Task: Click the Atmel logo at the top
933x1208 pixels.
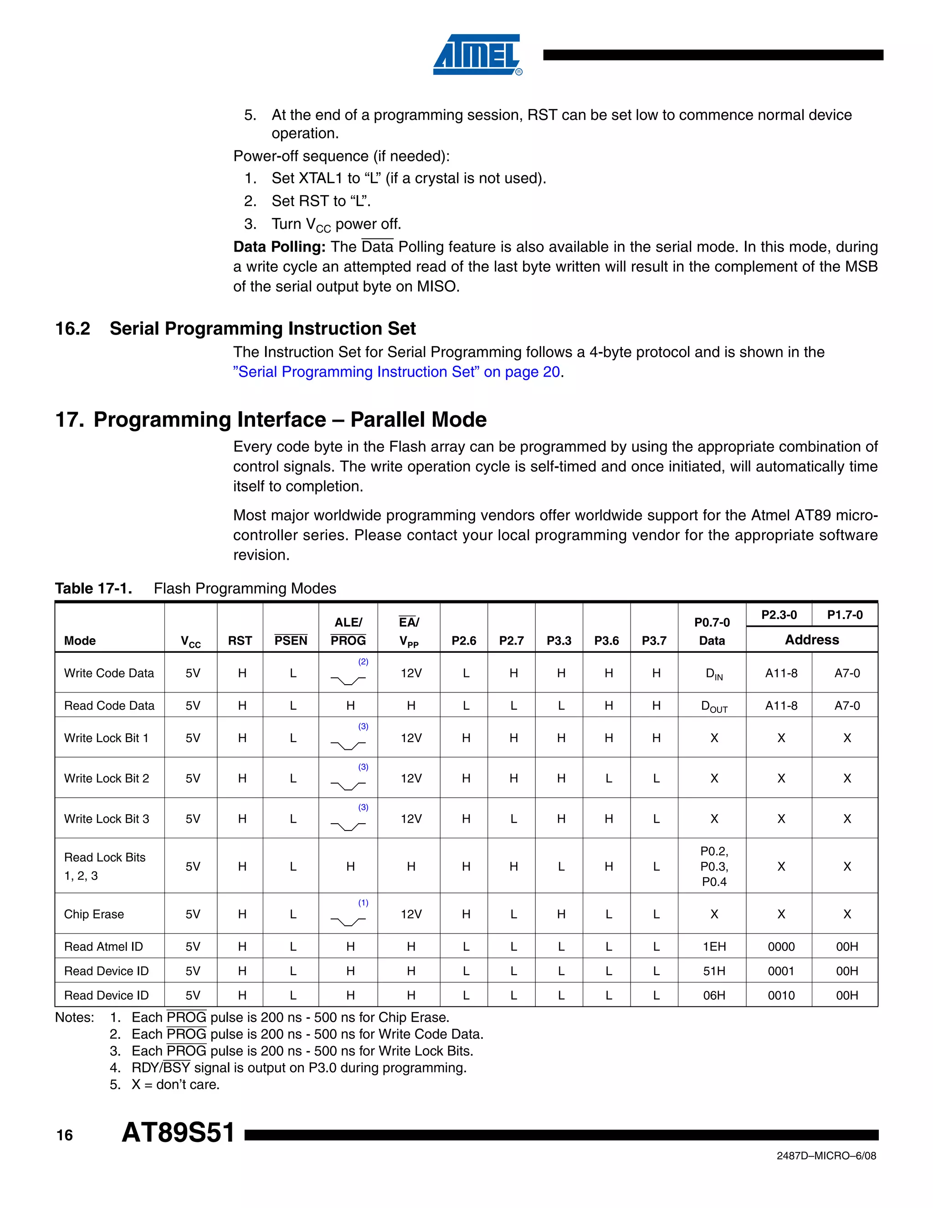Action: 477,55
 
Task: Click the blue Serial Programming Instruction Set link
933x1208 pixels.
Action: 396,372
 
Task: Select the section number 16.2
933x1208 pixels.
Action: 72,329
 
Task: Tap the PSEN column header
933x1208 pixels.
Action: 291,640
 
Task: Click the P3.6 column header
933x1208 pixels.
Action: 606,640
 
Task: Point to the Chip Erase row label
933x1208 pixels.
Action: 94,914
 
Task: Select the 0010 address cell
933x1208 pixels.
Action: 781,995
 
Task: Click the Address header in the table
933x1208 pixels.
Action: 811,640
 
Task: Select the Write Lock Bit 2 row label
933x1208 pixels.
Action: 107,778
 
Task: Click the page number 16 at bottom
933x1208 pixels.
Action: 65,1136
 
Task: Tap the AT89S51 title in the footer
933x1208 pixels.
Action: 178,1132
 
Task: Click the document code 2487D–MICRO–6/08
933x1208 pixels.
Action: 826,1156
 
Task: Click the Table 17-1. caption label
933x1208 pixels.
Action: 93,589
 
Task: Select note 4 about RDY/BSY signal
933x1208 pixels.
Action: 298,1068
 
